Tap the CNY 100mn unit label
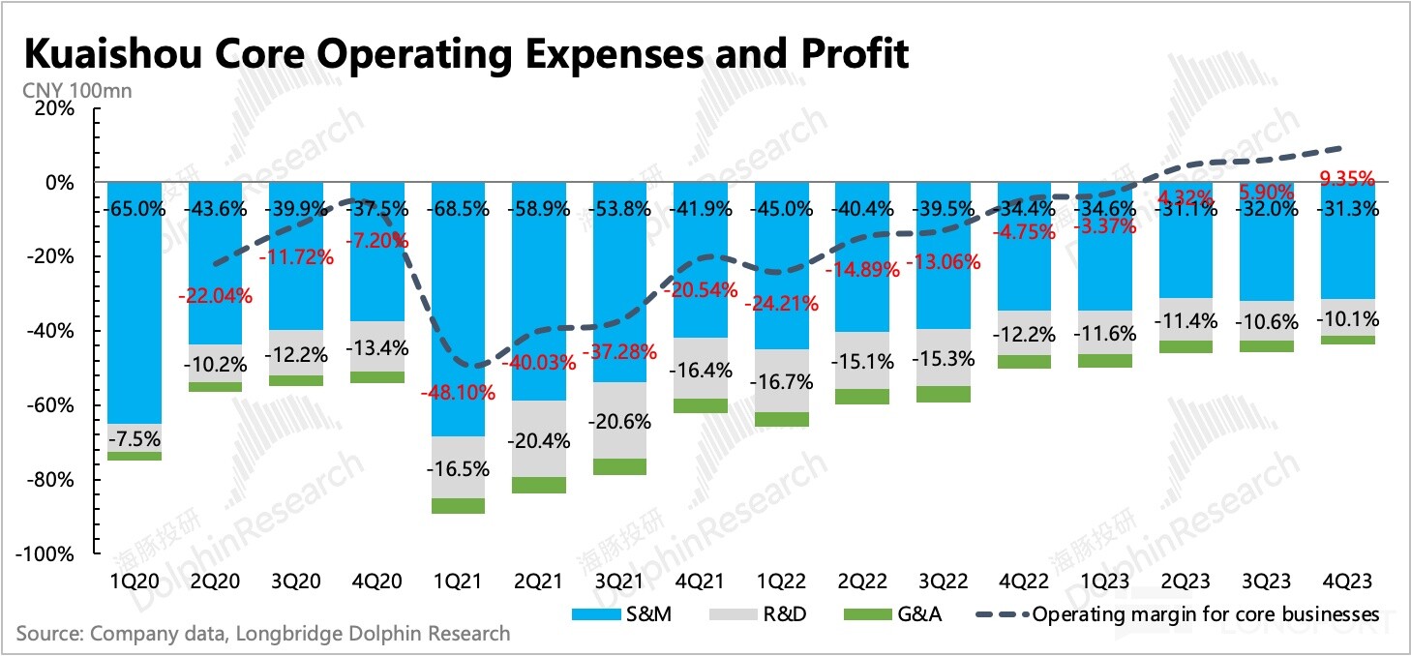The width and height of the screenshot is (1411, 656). [x=75, y=92]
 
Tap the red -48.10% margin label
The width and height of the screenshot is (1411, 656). [x=457, y=393]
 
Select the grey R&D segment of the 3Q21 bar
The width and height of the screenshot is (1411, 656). [x=619, y=420]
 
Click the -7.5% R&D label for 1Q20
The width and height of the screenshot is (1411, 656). [x=135, y=438]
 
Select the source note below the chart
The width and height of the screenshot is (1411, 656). [x=262, y=635]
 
